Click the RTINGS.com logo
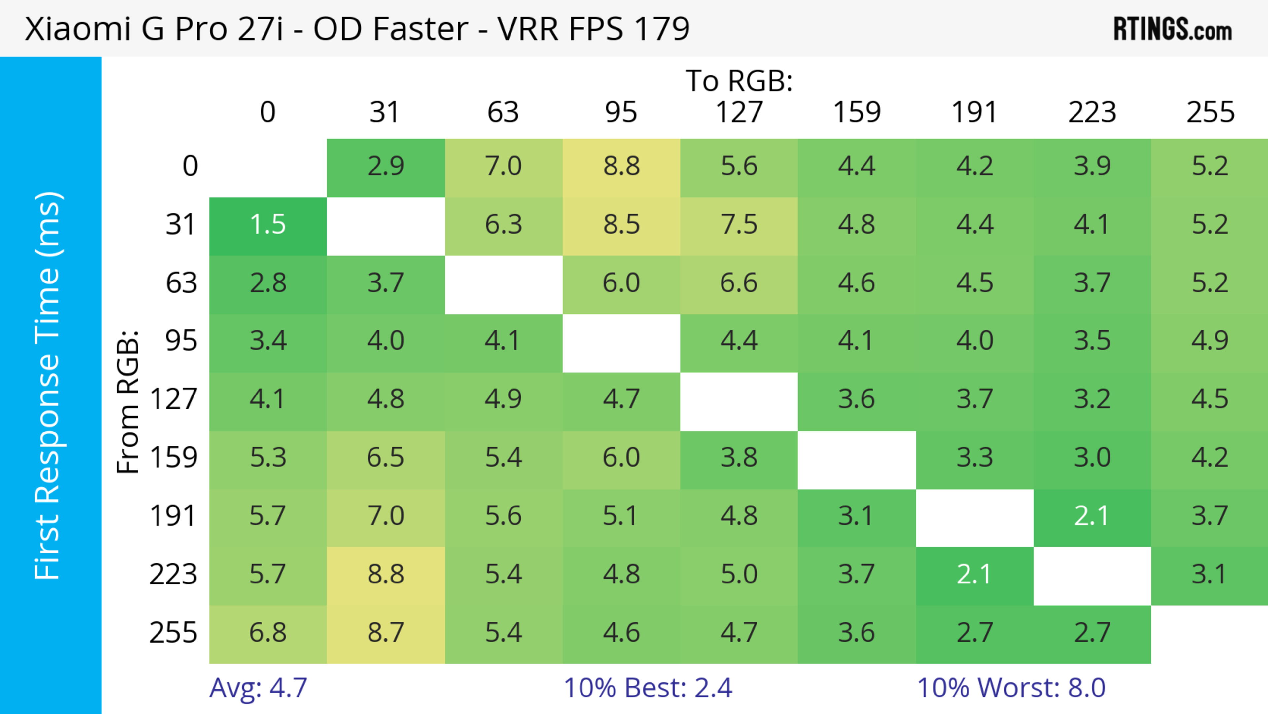pyautogui.click(x=1173, y=28)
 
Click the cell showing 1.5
pyautogui.click(x=268, y=225)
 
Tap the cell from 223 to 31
pyautogui.click(x=385, y=575)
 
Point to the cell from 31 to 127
pyautogui.click(x=739, y=225)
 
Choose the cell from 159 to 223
pyautogui.click(x=1092, y=458)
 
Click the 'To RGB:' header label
pyautogui.click(x=739, y=81)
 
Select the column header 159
pyautogui.click(x=857, y=112)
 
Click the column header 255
pyautogui.click(x=1210, y=112)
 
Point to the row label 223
pyautogui.click(x=173, y=575)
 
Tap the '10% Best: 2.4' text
pyautogui.click(x=648, y=688)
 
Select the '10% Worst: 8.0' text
pyautogui.click(x=1011, y=688)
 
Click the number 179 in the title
pyautogui.click(x=661, y=28)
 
